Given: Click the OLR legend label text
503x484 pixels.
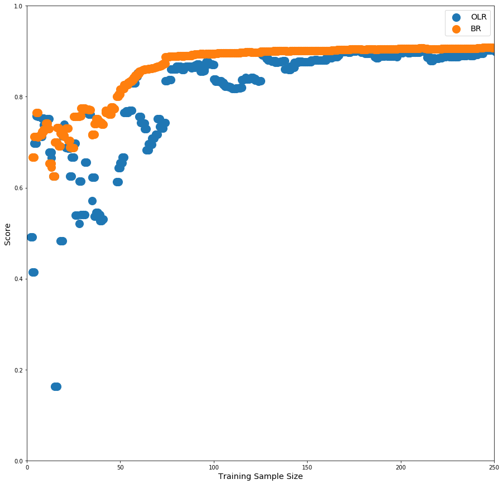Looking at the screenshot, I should click(x=479, y=17).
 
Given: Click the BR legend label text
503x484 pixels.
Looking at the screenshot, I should click(x=476, y=29).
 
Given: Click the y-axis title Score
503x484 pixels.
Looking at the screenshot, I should click(x=8, y=234).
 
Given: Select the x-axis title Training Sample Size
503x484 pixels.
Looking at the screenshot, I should click(x=260, y=476).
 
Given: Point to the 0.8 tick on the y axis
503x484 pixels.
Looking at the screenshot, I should click(x=19, y=97).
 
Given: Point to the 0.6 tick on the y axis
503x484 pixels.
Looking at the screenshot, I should click(x=19, y=188).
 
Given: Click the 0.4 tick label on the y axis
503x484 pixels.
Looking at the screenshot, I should click(x=19, y=279).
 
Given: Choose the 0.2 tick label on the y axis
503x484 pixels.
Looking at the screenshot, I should click(x=19, y=370).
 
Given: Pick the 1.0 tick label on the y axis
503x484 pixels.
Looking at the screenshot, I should click(x=19, y=6).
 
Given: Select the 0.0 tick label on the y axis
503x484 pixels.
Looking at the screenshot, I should click(x=19, y=461).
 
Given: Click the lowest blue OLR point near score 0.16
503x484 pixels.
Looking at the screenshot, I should click(x=56, y=386).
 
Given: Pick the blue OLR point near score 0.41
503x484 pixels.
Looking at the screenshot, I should click(x=33, y=272).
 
